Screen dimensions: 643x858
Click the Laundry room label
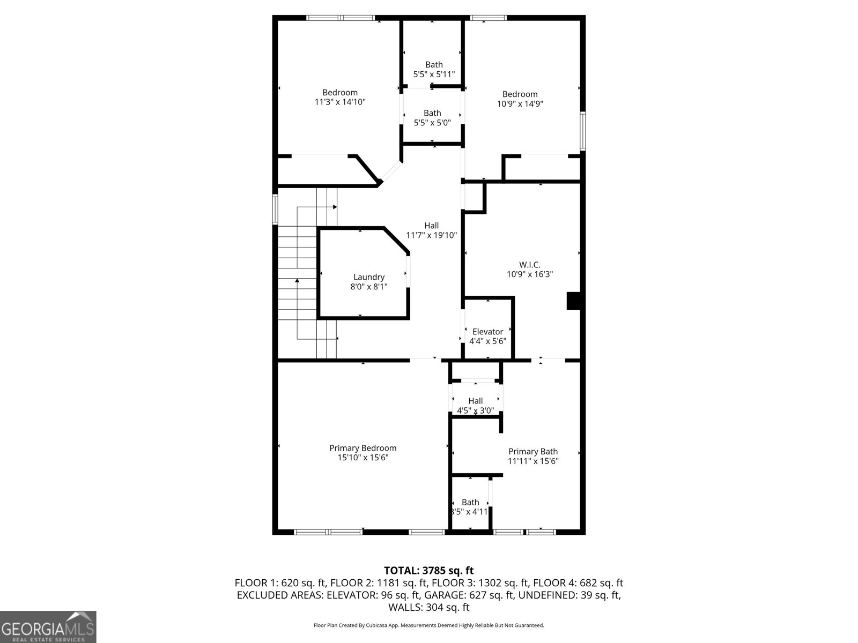point(369,277)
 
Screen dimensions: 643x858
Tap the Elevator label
point(487,332)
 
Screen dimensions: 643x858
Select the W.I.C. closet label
point(530,265)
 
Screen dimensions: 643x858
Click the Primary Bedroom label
point(363,448)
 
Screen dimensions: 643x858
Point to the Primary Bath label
point(533,451)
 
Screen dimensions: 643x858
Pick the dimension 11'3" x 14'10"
point(340,102)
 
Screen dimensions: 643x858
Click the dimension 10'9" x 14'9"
point(520,104)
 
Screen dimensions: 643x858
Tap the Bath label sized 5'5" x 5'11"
point(434,65)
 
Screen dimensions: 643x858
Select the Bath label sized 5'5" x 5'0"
point(432,113)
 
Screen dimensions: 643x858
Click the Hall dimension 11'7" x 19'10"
point(432,235)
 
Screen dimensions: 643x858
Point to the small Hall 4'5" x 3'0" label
point(476,401)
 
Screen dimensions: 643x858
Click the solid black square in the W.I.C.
point(574,301)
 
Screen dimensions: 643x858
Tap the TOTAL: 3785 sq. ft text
point(429,570)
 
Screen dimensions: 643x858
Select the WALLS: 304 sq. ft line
point(429,607)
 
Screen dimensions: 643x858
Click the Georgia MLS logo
point(48,627)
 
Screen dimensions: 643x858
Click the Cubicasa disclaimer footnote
point(429,625)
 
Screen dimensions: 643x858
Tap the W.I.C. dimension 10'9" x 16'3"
point(530,274)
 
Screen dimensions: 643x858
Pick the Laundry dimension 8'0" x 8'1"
point(369,287)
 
